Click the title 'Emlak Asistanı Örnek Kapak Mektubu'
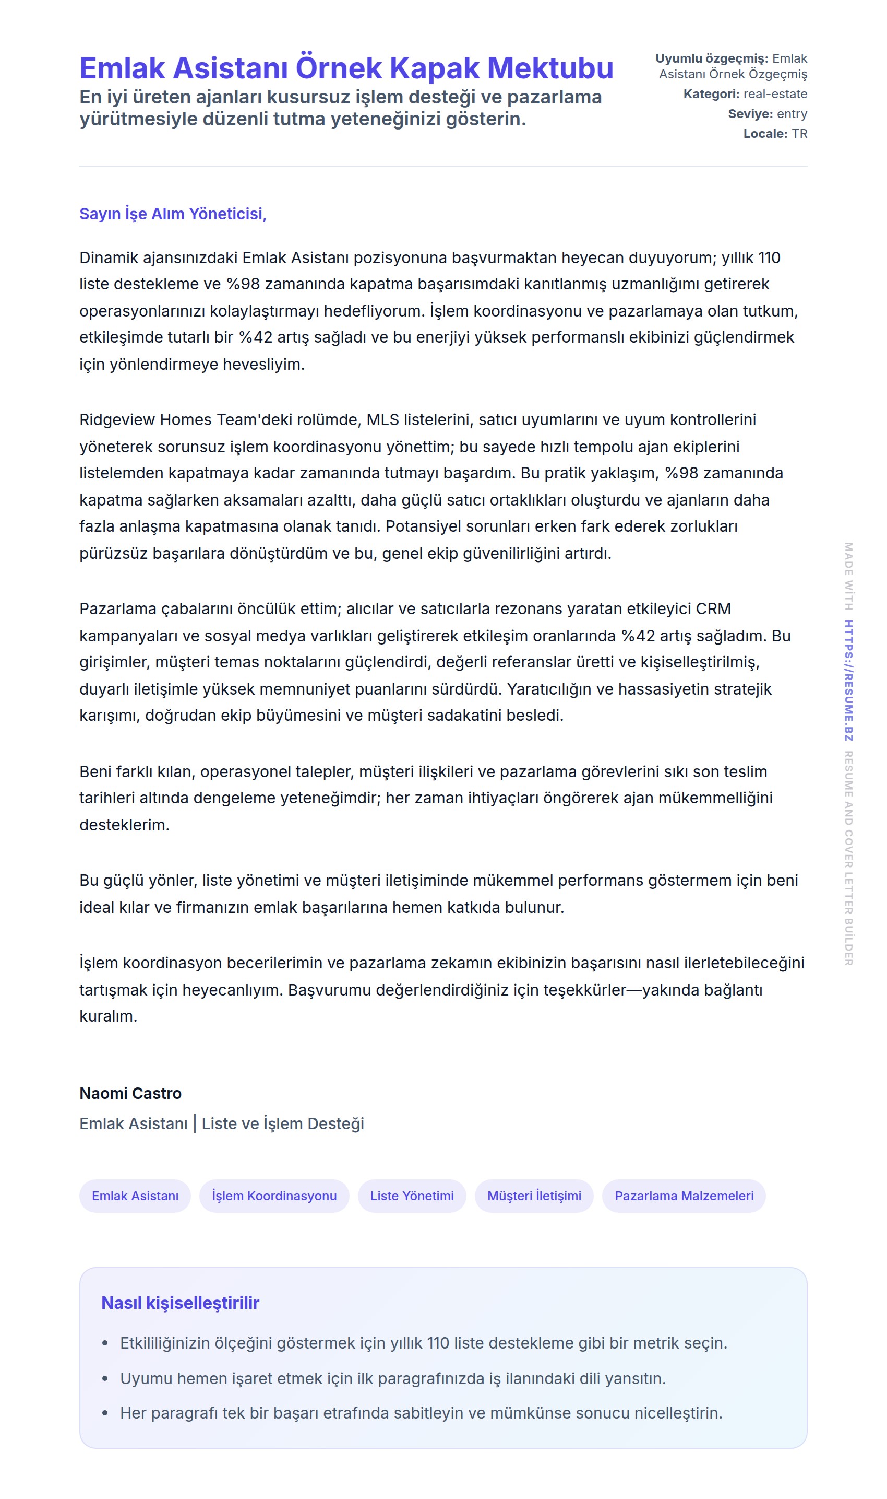346,67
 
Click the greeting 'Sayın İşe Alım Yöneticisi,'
173,214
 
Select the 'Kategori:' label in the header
711,94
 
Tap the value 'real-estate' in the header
775,94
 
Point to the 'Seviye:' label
750,114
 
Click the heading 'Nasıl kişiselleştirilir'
180,1302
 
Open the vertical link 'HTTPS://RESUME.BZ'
848,681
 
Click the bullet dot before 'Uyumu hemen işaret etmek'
105,1378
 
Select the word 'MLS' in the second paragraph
382,420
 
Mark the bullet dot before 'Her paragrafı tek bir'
105,1413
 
